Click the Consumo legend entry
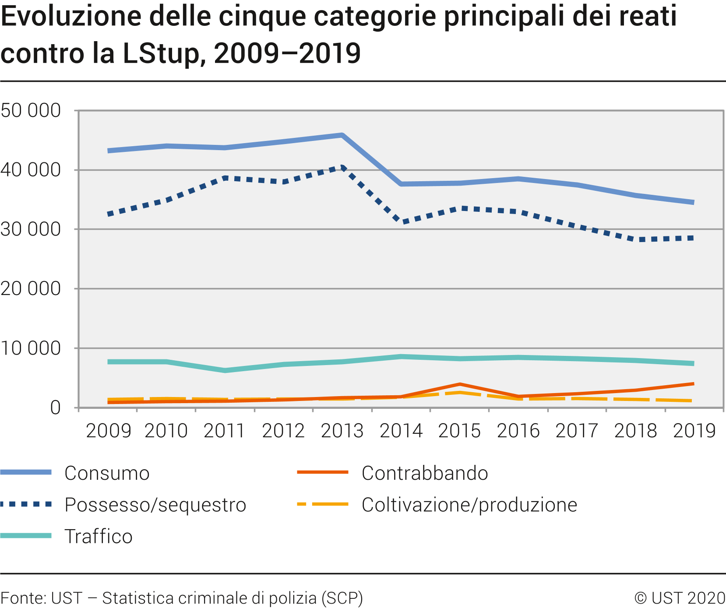107,473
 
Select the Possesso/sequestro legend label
155,505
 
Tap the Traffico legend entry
98,536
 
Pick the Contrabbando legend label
424,473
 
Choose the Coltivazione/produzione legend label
469,505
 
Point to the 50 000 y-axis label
31,110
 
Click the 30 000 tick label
31,229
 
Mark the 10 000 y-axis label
31,348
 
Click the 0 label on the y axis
55,408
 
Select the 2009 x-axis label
108,431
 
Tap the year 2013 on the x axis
342,431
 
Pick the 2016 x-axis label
518,431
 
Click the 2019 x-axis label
694,431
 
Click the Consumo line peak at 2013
342,135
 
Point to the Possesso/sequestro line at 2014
401,222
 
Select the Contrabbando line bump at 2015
460,384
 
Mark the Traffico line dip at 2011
225,370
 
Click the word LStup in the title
160,53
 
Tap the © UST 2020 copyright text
680,598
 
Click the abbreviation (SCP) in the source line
342,598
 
